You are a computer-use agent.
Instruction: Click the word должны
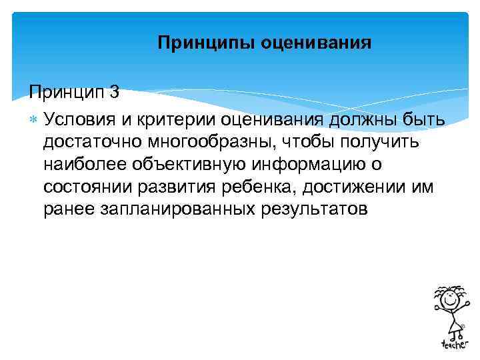click(x=364, y=119)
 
